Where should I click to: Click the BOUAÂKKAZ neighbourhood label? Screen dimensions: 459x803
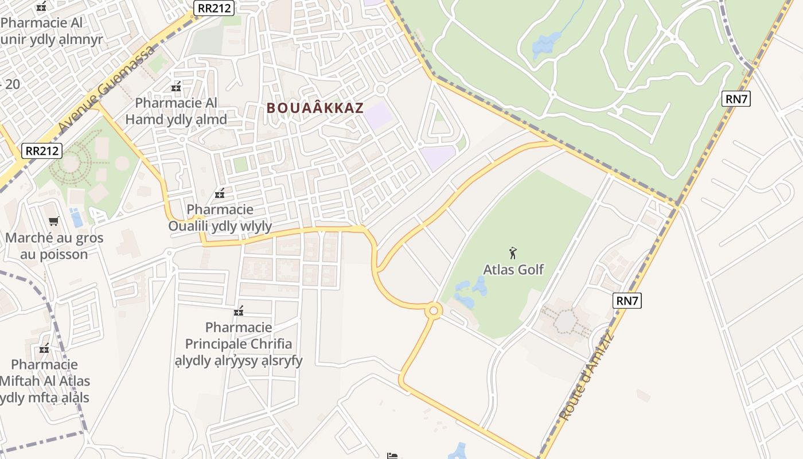315,107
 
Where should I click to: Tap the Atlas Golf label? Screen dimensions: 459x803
513,269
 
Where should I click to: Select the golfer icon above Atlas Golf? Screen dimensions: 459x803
513,252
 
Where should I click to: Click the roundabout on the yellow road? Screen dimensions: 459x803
433,311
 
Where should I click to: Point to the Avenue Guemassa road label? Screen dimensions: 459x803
107,87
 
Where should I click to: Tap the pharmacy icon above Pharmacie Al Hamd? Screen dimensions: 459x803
176,87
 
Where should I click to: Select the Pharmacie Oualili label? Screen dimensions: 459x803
220,217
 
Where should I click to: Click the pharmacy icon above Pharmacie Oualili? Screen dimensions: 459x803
219,193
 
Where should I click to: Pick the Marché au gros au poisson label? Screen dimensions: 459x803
54,246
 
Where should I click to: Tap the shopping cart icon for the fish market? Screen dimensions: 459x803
54,221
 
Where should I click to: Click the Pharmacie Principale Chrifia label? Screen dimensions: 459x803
239,344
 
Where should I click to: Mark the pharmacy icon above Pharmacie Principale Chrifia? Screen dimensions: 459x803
239,311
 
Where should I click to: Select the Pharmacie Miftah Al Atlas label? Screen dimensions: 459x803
44,380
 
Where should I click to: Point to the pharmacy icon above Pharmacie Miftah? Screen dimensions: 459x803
44,348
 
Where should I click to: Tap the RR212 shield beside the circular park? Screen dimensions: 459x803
42,151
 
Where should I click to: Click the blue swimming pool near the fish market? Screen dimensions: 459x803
76,217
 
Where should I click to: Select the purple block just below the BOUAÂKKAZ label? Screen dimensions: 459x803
378,115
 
